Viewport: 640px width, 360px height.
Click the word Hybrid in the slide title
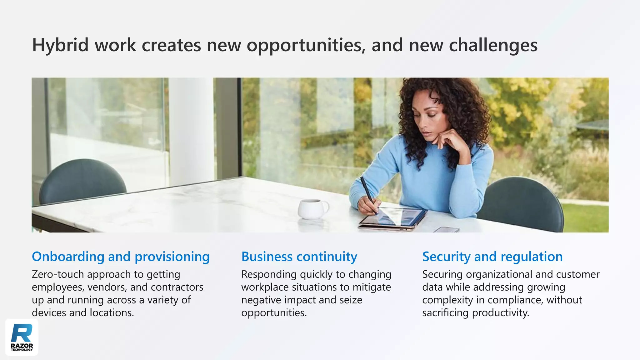pyautogui.click(x=60, y=45)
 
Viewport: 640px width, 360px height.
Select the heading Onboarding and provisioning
pyautogui.click(x=121, y=257)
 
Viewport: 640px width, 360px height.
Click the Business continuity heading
pyautogui.click(x=299, y=257)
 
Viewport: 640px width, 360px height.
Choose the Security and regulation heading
pyautogui.click(x=492, y=257)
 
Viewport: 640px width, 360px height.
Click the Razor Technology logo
pyautogui.click(x=22, y=337)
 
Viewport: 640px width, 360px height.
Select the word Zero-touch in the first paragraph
pyautogui.click(x=58, y=274)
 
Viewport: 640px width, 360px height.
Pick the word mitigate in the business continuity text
pyautogui.click(x=372, y=287)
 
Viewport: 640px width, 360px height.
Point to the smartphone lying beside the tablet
pyautogui.click(x=447, y=230)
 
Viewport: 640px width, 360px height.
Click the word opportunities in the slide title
pyautogui.click(x=306, y=45)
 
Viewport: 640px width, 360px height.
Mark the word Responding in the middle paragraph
pyautogui.click(x=269, y=274)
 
